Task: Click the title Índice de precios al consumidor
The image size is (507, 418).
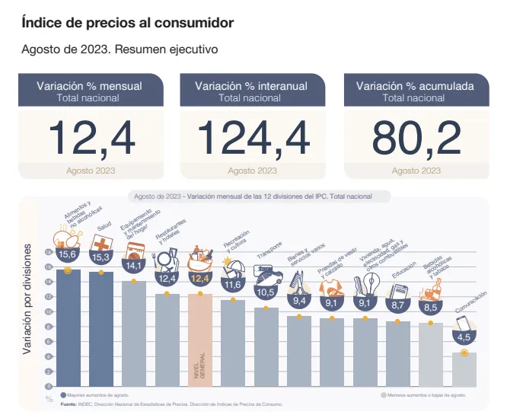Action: [x=127, y=23]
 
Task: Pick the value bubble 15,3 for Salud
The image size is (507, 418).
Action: [x=101, y=258]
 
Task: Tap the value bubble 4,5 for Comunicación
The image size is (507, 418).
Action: [x=464, y=337]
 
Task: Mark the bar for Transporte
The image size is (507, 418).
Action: [x=266, y=347]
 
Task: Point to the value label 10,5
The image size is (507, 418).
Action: [x=266, y=292]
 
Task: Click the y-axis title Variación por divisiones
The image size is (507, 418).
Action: [x=27, y=300]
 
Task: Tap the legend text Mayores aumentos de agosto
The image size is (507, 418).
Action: [x=98, y=395]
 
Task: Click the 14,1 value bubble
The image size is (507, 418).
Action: [x=135, y=266]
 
